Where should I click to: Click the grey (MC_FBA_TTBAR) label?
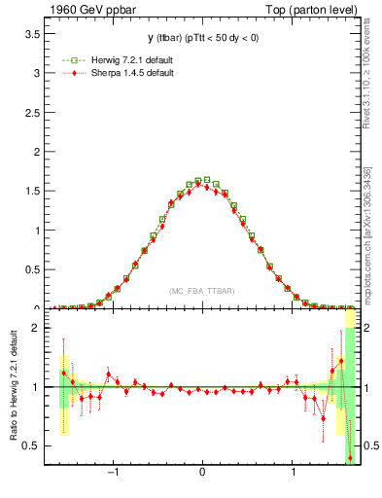click(201, 291)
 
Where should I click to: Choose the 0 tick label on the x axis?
click(201, 477)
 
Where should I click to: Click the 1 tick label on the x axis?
click(294, 477)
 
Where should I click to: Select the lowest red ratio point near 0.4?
click(350, 457)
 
